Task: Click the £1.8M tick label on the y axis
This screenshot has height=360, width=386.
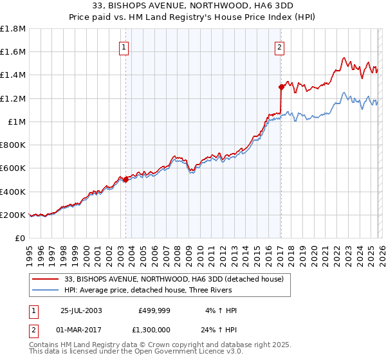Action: [x=13, y=29]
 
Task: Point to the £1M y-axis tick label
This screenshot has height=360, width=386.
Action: [x=16, y=122]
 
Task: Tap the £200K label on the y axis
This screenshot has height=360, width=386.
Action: [x=12, y=215]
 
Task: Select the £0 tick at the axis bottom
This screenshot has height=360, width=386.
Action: [x=21, y=239]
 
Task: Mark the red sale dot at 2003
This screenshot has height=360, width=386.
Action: [x=126, y=180]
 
